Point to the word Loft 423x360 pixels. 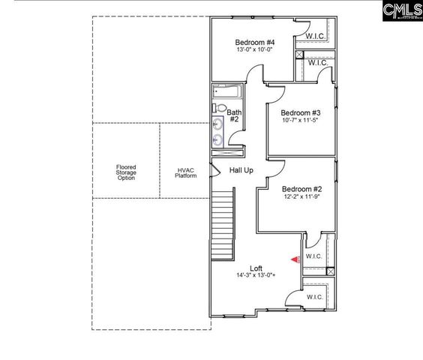click(x=256, y=268)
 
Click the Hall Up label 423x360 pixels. click(x=241, y=170)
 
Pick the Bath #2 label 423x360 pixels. click(x=233, y=115)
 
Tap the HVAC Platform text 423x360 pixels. click(x=185, y=173)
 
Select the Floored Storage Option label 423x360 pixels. click(x=126, y=173)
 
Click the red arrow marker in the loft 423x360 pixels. click(x=295, y=259)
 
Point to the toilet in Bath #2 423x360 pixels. click(x=220, y=106)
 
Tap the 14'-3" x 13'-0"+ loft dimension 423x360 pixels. click(x=256, y=276)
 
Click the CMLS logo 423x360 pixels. click(x=402, y=10)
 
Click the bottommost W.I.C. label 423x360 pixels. click(x=314, y=297)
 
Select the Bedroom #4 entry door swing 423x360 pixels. click(x=256, y=73)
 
